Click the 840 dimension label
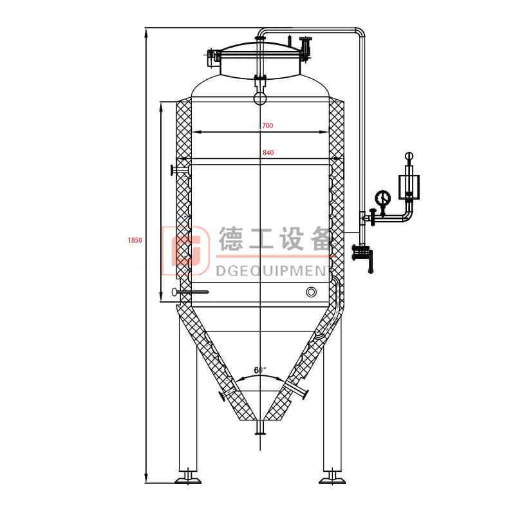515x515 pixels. (x=268, y=153)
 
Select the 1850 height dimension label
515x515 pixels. (x=135, y=240)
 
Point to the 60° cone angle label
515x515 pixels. (x=259, y=370)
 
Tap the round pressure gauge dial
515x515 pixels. (x=383, y=197)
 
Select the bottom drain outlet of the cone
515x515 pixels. (x=260, y=428)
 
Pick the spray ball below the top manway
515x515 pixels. (x=260, y=98)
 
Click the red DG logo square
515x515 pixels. (x=186, y=247)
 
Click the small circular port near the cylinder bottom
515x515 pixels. (x=312, y=292)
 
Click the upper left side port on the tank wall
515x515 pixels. (x=178, y=170)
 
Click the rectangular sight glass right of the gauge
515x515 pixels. (x=408, y=185)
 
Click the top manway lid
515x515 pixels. (x=260, y=50)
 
